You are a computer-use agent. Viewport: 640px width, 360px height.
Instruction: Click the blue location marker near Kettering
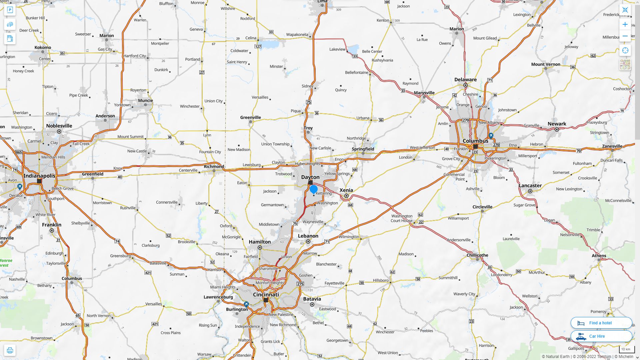click(x=313, y=189)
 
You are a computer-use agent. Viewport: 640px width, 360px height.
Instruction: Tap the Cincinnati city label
click(x=266, y=295)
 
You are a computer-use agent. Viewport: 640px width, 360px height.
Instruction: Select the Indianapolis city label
click(x=39, y=176)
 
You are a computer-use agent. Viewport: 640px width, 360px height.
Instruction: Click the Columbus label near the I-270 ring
click(x=475, y=141)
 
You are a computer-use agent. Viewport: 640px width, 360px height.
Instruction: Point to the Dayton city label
click(x=310, y=177)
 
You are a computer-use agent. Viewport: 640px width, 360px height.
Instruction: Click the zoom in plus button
click(x=625, y=24)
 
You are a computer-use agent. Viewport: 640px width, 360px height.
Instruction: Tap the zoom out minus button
click(x=625, y=36)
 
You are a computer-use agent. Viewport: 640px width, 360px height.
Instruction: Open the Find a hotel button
click(x=601, y=323)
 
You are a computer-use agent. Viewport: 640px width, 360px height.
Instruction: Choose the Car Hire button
click(x=601, y=336)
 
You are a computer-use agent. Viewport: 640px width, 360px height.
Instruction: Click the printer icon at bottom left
click(x=10, y=350)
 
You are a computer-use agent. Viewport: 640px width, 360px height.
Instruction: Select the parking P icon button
click(x=10, y=10)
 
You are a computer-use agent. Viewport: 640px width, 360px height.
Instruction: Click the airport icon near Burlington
click(x=246, y=304)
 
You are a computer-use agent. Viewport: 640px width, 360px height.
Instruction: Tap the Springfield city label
click(x=363, y=149)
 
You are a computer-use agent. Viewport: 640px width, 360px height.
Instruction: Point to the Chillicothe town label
click(x=477, y=255)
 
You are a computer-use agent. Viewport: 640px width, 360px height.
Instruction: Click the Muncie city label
click(x=145, y=100)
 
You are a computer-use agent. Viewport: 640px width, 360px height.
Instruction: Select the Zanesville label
click(x=612, y=146)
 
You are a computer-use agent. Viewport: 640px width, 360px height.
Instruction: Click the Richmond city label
click(x=214, y=166)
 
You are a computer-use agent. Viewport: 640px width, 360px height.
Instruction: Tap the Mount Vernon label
click(x=545, y=64)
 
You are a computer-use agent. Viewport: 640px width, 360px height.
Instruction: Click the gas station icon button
click(x=10, y=38)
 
